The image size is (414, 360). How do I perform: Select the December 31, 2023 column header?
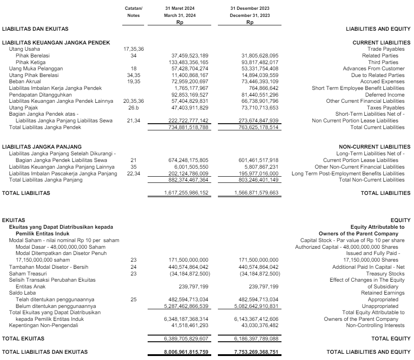coord(249,15)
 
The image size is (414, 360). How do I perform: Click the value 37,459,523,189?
coord(190,56)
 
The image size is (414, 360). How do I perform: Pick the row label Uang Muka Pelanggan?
coord(36,69)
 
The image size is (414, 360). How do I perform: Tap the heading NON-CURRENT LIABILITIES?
coord(375,147)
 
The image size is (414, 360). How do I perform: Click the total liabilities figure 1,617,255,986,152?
coord(186,193)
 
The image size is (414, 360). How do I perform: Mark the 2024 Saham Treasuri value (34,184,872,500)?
coord(190,273)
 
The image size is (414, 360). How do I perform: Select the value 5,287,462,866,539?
coord(186,306)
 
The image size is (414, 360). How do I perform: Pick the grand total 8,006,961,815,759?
coord(186,352)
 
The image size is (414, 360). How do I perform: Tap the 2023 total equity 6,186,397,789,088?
coord(256,339)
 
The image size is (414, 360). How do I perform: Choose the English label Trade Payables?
coord(386,49)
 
